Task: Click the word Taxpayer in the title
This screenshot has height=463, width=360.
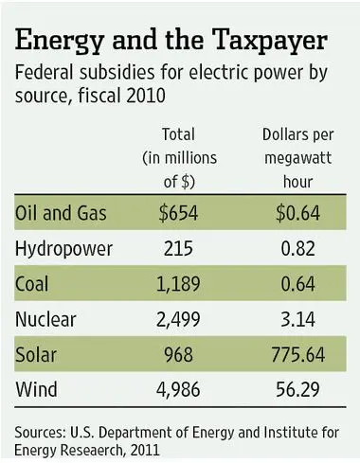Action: point(271,41)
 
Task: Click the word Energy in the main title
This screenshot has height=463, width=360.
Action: point(60,41)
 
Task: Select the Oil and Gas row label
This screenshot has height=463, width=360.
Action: point(61,213)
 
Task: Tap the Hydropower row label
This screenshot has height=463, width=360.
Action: point(63,249)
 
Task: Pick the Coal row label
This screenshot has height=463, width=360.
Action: point(31,284)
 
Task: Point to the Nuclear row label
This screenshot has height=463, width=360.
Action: point(45,319)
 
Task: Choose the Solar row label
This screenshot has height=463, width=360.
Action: point(36,354)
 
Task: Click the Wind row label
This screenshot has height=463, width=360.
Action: point(36,389)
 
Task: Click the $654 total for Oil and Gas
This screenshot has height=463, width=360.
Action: point(178,213)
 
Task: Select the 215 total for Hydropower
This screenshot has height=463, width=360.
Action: point(178,248)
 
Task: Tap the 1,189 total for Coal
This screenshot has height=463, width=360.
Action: point(178,284)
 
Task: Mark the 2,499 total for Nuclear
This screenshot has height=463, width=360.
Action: point(178,319)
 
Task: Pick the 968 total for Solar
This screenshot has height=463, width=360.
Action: point(178,354)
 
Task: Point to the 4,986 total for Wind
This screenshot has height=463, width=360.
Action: point(178,390)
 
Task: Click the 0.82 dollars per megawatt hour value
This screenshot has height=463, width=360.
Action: point(298,248)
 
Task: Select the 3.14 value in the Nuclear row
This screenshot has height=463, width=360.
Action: point(298,319)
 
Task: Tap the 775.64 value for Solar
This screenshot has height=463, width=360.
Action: point(298,354)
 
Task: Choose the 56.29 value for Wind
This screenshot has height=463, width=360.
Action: point(298,390)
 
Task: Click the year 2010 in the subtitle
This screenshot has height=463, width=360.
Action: point(146,96)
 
